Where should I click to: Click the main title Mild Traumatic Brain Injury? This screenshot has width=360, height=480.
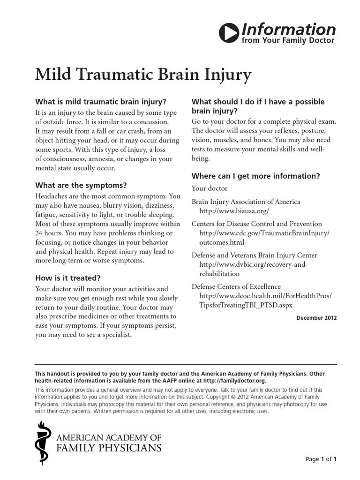coord(143,75)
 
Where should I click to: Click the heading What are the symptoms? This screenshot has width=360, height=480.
coord(81,185)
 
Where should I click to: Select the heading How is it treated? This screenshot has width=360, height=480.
coord(68,277)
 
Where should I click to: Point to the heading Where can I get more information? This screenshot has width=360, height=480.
coord(256,176)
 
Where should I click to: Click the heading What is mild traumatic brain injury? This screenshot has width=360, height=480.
coord(101,102)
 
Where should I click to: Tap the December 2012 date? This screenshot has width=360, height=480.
coord(316,318)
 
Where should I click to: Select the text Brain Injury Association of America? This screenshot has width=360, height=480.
coord(246,202)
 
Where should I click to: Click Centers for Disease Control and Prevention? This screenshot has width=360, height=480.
coord(257,224)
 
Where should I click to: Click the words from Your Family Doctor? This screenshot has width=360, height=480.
coord(288,41)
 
